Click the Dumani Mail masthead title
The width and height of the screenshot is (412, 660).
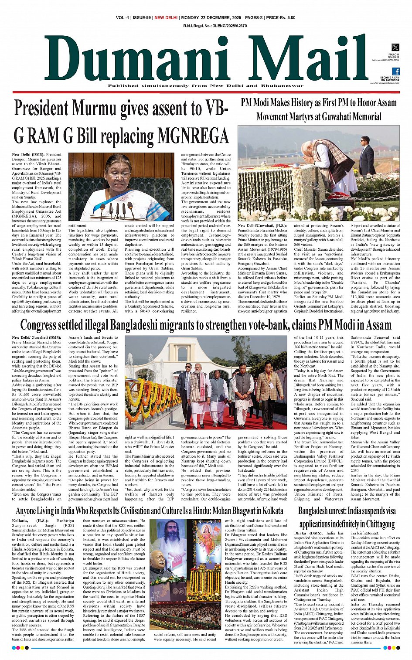(x=212, y=58)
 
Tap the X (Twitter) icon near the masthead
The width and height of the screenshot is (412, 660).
(x=395, y=47)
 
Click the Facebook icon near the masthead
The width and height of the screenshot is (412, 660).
(x=395, y=71)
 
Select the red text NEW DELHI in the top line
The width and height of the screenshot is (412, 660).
(x=166, y=18)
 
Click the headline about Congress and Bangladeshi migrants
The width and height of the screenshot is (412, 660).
(x=206, y=325)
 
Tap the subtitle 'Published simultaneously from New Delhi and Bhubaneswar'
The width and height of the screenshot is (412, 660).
(x=206, y=86)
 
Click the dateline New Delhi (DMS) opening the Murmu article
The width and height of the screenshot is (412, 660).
(x=34, y=155)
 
